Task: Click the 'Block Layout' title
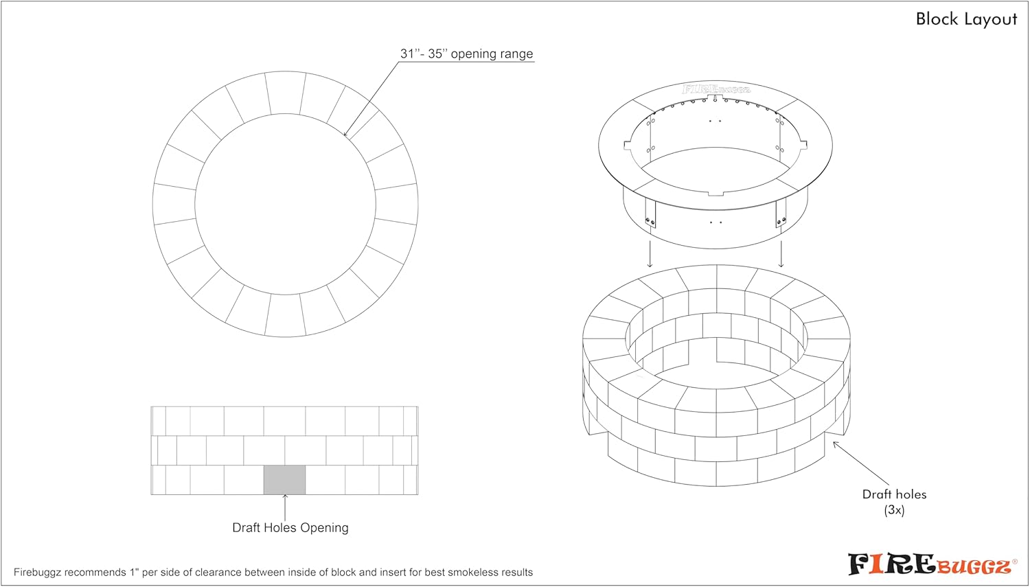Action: [966, 19]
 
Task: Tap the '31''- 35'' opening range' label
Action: [466, 54]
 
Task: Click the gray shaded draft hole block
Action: [284, 480]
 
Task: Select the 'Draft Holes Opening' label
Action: [290, 527]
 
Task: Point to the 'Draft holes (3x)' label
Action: [894, 502]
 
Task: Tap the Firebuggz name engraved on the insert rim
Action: [716, 89]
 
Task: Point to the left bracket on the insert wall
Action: [650, 214]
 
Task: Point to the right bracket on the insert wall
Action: [781, 214]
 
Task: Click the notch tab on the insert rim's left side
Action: [628, 145]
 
